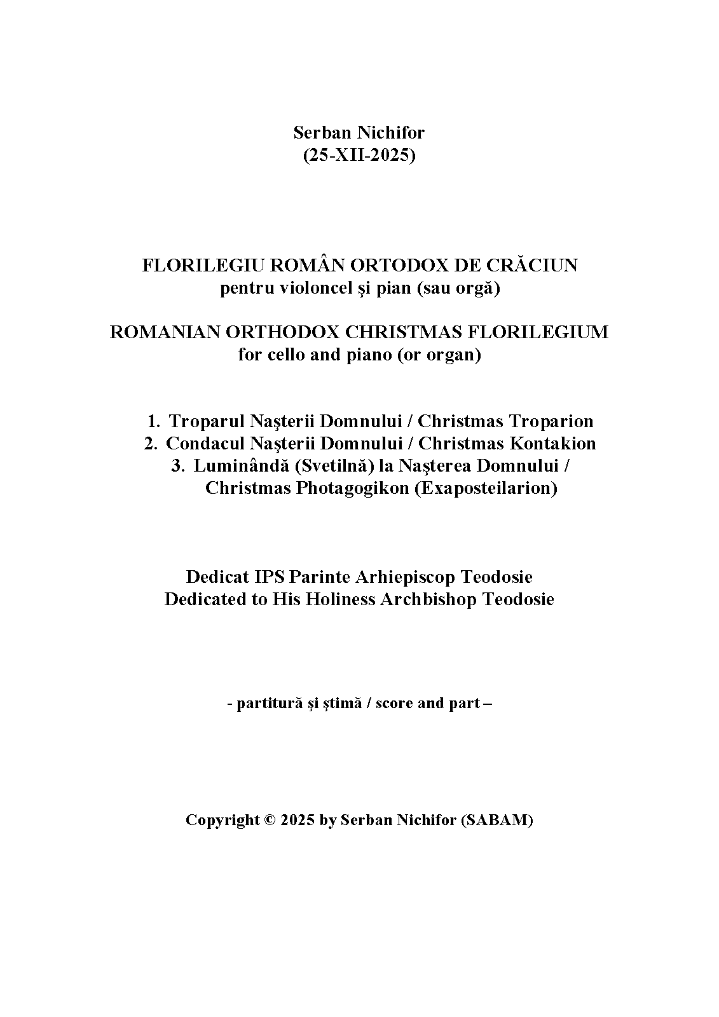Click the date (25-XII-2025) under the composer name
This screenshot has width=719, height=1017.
click(359, 155)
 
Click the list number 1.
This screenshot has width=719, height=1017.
click(153, 421)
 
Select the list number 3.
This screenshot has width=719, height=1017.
click(177, 466)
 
